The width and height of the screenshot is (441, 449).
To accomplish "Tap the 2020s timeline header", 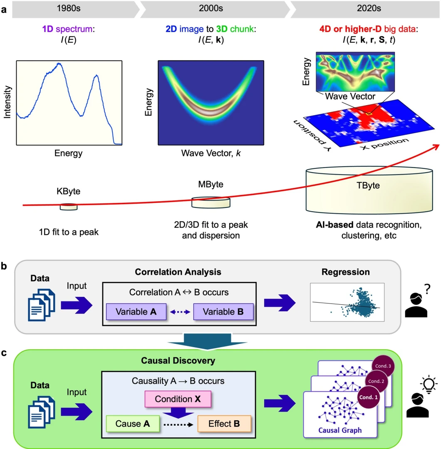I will click(363, 9).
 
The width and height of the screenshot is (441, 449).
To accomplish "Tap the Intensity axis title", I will click(7, 102).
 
